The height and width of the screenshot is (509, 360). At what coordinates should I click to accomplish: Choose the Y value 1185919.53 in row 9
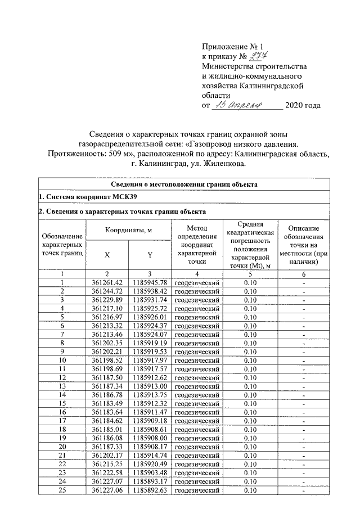[150, 352]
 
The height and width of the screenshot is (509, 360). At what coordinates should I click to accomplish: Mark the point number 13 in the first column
[64, 386]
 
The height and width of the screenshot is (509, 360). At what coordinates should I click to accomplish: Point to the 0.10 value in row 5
[251, 317]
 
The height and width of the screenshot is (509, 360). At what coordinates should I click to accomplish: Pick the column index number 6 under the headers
[304, 273]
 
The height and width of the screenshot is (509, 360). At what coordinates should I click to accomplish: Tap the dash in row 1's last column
[304, 282]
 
